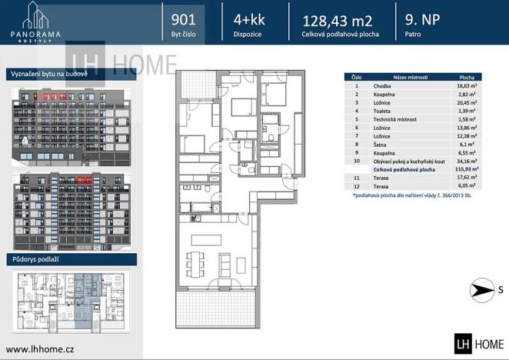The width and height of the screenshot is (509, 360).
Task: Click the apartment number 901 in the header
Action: [x=184, y=19]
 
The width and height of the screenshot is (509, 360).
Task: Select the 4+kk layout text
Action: [x=249, y=20]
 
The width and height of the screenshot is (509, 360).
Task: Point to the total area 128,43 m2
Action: [x=337, y=21]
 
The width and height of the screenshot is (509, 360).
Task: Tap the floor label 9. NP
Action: [x=422, y=19]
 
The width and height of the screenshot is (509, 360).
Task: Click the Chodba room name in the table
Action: [x=381, y=86]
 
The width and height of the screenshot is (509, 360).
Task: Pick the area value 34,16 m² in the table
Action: [x=467, y=162]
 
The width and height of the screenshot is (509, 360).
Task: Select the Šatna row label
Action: [x=380, y=145]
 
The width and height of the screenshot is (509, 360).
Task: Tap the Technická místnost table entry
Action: [x=394, y=119]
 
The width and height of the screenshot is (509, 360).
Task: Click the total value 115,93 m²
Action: [x=467, y=169]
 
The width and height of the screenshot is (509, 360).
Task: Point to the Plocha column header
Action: [x=467, y=78]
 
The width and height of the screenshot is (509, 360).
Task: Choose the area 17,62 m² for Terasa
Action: [x=467, y=178]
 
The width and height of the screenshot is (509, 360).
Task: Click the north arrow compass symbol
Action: [x=482, y=290]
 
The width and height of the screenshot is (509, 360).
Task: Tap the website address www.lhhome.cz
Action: [x=40, y=349]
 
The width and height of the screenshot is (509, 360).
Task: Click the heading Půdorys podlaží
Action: [x=35, y=259]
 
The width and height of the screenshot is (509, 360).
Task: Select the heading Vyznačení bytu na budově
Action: [x=49, y=74]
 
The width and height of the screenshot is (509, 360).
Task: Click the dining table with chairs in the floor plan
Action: [x=195, y=265]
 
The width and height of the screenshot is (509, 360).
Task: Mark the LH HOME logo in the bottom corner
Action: [x=479, y=344]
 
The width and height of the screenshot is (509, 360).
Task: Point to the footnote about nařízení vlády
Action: [x=412, y=195]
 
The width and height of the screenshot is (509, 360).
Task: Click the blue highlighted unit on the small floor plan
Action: [x=88, y=300]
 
